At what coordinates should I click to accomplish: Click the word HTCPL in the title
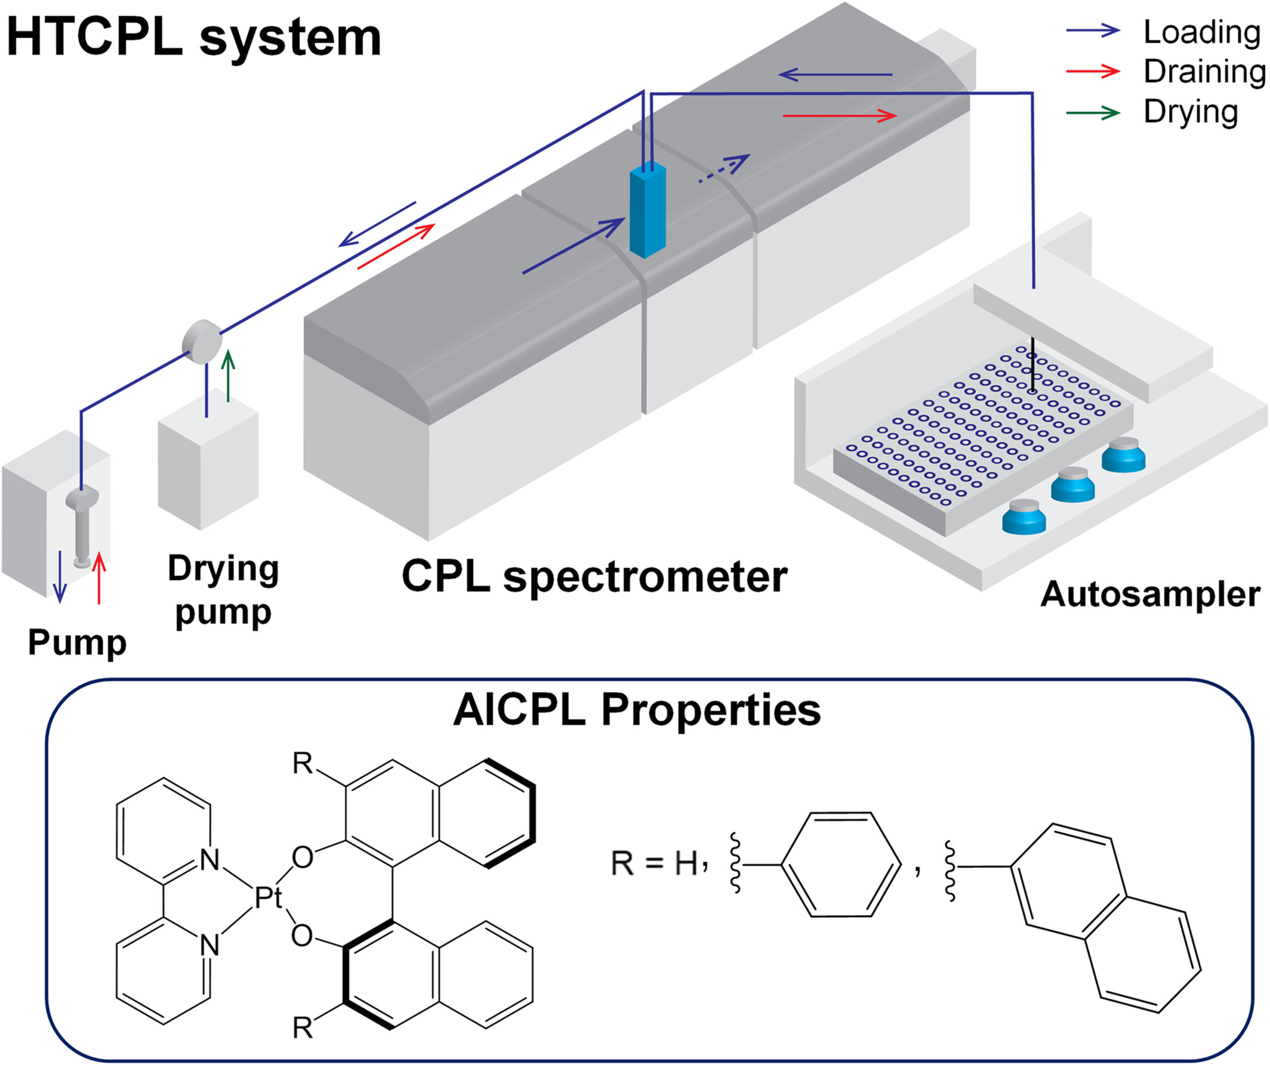(94, 38)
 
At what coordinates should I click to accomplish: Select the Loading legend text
(1201, 32)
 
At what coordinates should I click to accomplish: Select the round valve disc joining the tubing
(202, 342)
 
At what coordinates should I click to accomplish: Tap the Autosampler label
(1149, 594)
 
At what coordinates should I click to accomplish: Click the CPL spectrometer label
(594, 576)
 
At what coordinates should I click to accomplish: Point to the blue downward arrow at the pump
(59, 578)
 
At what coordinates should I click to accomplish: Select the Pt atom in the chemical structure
(268, 898)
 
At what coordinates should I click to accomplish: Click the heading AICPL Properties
(637, 710)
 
